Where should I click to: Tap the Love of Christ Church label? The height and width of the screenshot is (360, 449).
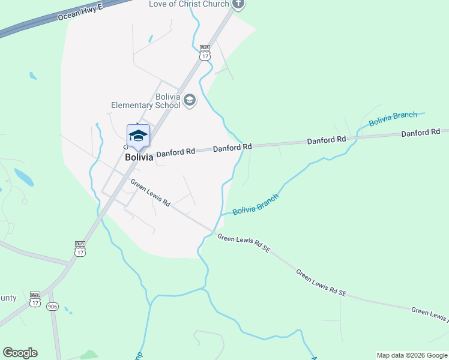tap(189, 4)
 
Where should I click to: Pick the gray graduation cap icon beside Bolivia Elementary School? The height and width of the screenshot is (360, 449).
tap(190, 100)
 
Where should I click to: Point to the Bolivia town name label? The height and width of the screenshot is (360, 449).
tap(139, 157)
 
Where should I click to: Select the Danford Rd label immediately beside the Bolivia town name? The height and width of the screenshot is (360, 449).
tap(176, 152)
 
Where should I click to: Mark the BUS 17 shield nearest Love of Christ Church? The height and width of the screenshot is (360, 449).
tap(205, 52)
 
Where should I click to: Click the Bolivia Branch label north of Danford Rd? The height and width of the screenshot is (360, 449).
tap(393, 119)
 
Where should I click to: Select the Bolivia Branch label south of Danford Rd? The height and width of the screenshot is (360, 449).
tap(256, 203)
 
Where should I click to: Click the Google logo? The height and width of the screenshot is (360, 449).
tap(20, 353)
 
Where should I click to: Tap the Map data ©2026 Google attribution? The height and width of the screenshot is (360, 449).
tap(412, 355)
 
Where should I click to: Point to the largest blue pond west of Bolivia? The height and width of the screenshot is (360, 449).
tap(23, 177)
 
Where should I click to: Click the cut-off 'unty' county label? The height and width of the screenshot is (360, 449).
tap(8, 298)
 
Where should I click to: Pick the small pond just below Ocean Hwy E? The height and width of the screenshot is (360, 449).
tap(32, 76)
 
